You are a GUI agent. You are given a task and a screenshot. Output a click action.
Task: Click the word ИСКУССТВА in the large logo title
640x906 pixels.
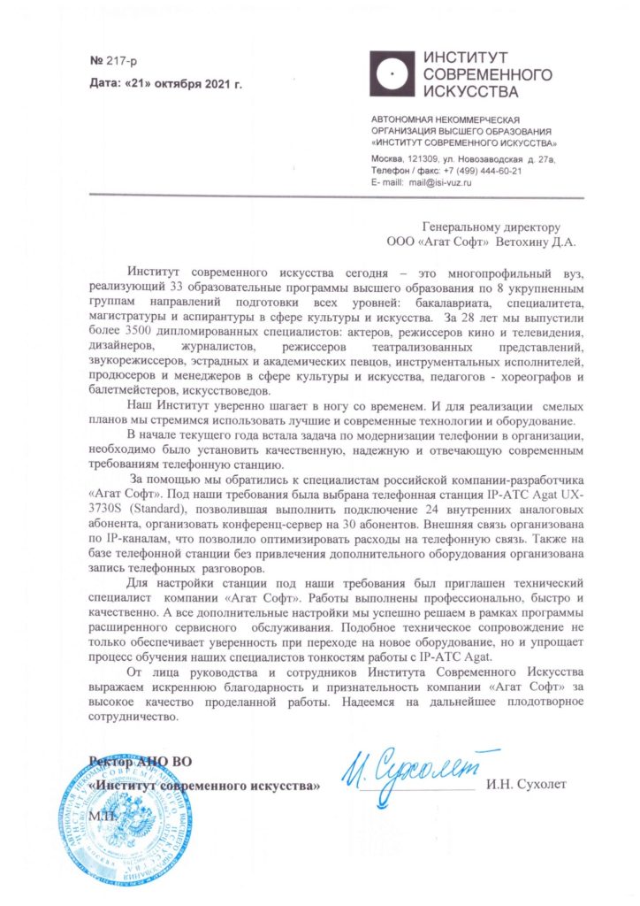(x=471, y=90)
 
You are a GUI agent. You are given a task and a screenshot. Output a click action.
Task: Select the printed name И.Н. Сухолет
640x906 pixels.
(x=530, y=784)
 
